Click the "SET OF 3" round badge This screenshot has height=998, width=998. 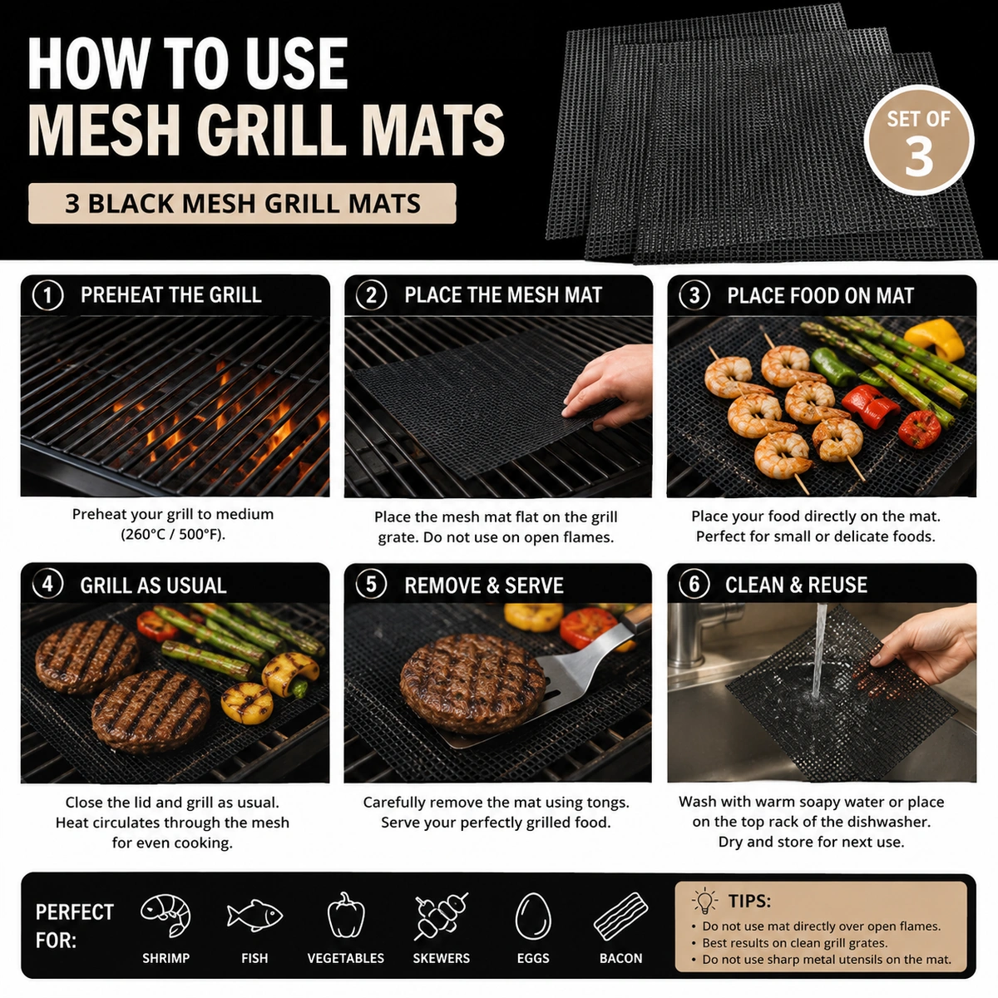coord(919,141)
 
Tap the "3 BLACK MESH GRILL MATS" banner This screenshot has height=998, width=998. coord(242,203)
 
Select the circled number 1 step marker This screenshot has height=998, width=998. coord(47,296)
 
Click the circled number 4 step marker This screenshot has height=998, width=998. coord(47,585)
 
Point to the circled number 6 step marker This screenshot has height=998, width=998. coord(694,585)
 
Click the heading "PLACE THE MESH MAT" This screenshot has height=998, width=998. coord(503,295)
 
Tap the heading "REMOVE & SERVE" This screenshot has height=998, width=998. coord(484,585)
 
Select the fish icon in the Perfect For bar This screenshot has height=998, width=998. coord(254,916)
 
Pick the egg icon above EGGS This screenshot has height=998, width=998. coord(533,916)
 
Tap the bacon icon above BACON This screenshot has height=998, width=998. coord(620,916)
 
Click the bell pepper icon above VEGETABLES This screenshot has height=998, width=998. coord(346,915)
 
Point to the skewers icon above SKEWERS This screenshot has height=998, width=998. coord(441,916)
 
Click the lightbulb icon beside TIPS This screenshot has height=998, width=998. coord(704,902)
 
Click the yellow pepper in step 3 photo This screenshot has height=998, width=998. coord(934,338)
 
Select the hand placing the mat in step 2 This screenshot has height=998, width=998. coord(609,387)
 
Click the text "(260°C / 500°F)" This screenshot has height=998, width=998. coord(173,534)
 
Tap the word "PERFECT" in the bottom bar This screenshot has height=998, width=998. coord(75,912)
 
